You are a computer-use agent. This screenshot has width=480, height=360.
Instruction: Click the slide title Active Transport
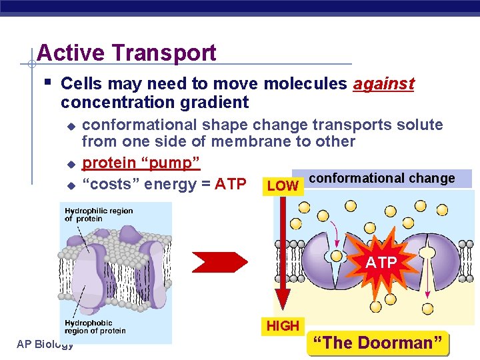tap(127, 53)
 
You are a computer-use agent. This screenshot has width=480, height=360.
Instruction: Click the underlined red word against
tap(383, 84)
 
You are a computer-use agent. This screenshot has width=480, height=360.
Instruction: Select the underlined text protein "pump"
tap(141, 163)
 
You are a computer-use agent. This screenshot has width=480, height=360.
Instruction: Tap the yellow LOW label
tap(283, 186)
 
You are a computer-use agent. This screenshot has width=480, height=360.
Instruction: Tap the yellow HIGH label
tap(283, 326)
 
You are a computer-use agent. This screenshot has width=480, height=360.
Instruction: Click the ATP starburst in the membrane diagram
tap(381, 263)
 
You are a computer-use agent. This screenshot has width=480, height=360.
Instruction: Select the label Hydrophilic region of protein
tap(99, 215)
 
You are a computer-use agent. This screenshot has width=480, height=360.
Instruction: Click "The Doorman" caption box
tap(377, 343)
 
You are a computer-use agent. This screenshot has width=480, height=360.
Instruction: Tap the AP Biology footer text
tap(44, 344)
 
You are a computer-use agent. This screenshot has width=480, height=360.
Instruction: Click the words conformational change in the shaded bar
tap(382, 178)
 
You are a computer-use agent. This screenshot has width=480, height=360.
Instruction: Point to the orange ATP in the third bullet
tap(231, 184)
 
